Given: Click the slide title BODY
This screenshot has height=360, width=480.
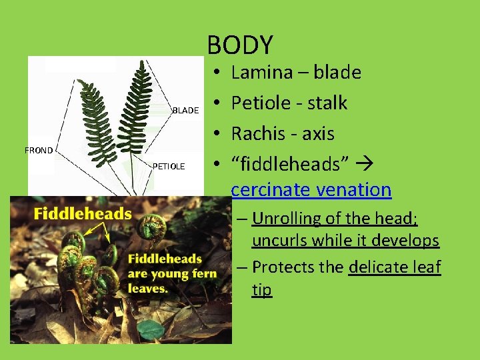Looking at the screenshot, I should [x=240, y=45].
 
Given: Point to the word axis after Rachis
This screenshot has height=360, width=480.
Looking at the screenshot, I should [x=318, y=133].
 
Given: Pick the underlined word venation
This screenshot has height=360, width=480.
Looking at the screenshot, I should [x=356, y=189].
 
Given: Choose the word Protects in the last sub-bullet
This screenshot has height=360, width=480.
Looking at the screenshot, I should [x=286, y=267].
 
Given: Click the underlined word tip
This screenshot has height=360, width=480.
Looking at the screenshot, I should [x=261, y=290].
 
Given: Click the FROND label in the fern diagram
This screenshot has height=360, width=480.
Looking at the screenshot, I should [x=39, y=151].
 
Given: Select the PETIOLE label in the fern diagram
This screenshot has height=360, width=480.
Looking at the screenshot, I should [x=169, y=166].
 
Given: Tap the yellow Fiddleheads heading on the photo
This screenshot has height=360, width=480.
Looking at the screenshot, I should [x=83, y=213].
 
